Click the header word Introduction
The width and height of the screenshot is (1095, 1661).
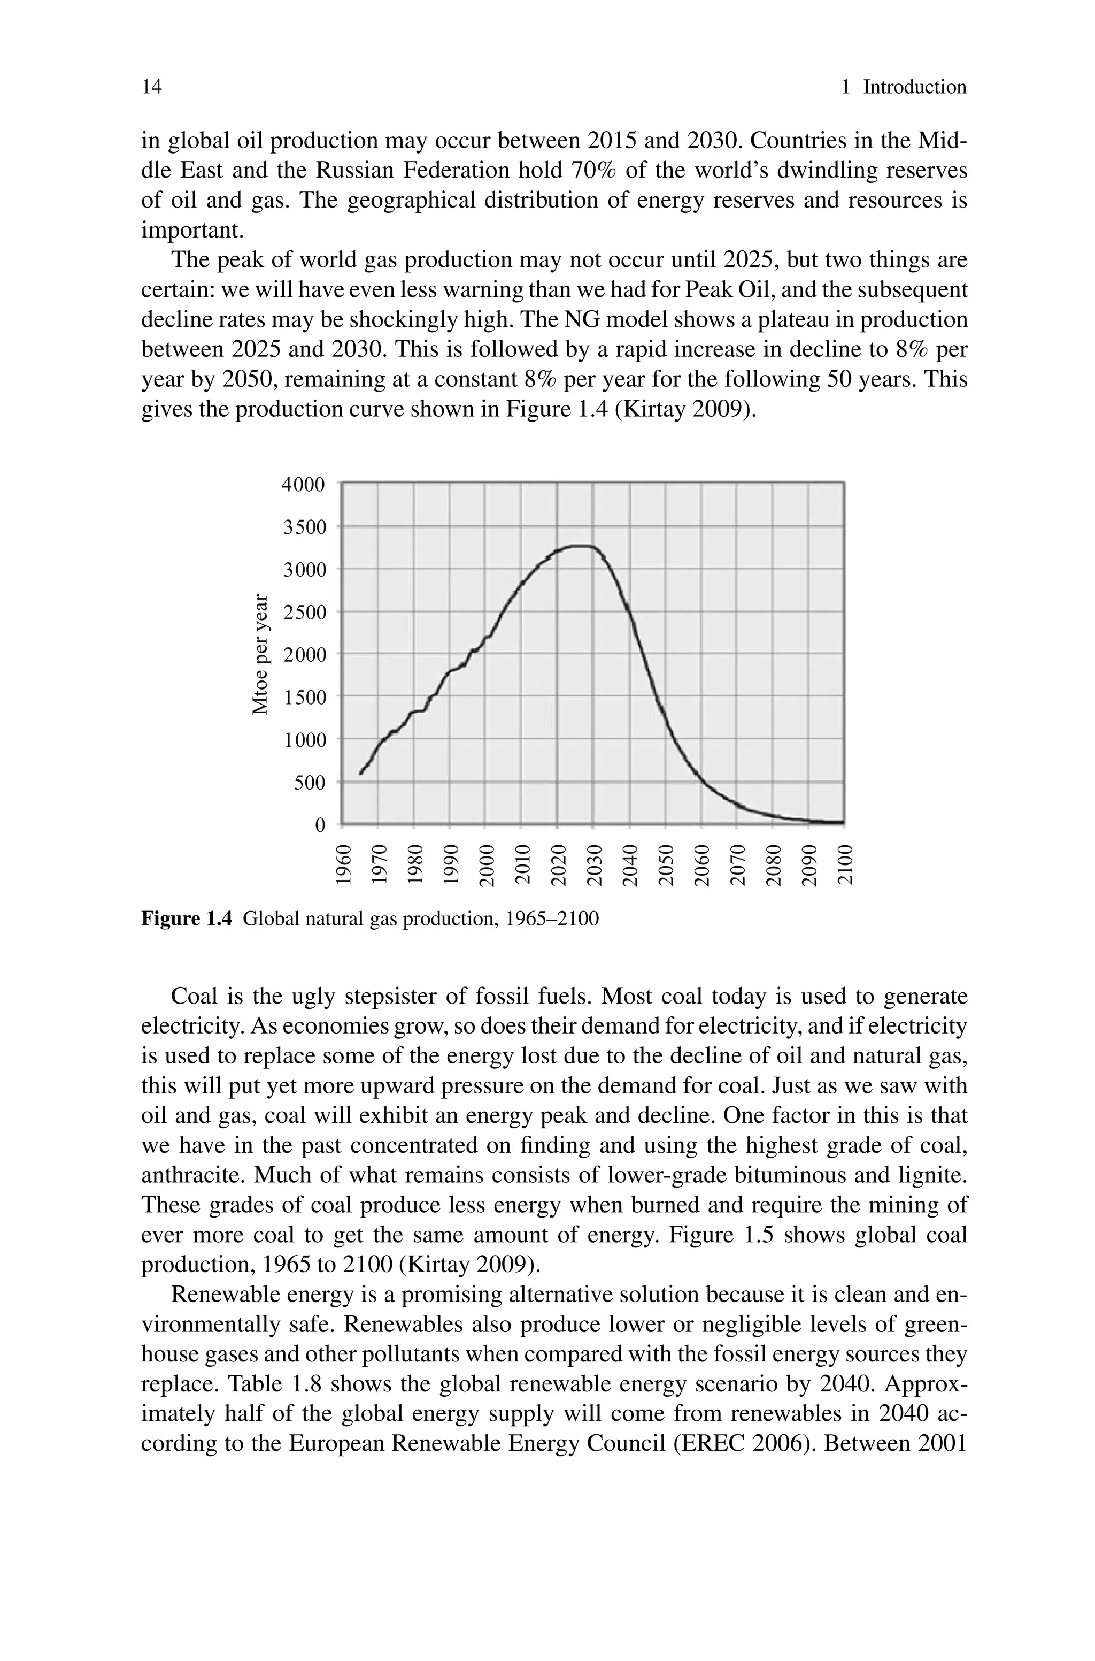click(x=914, y=87)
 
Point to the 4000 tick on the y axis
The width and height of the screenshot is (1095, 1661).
click(x=303, y=484)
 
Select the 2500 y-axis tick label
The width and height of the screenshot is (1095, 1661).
click(x=303, y=613)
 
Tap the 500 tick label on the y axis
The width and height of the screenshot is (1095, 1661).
click(x=310, y=783)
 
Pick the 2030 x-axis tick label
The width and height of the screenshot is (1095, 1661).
click(x=593, y=864)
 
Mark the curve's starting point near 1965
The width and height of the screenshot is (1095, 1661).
click(x=361, y=773)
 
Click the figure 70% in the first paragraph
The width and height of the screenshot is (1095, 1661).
click(x=593, y=171)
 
